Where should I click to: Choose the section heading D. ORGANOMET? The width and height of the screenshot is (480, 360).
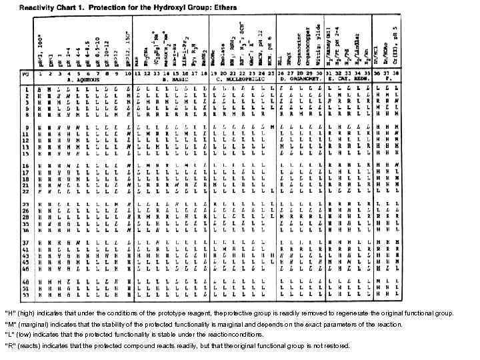(301, 79)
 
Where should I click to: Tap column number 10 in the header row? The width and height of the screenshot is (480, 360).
(128, 73)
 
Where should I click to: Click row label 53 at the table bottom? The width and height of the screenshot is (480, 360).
(27, 294)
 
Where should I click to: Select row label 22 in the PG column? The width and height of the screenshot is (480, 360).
(27, 191)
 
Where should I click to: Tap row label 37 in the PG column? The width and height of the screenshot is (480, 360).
(27, 242)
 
